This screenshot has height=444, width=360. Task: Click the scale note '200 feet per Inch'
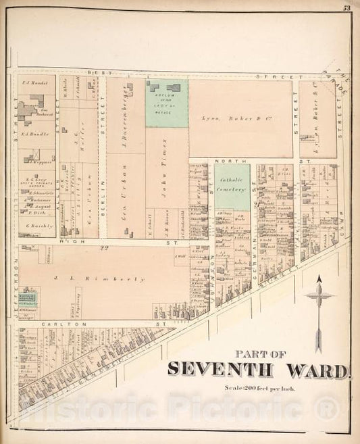click(266, 388)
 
